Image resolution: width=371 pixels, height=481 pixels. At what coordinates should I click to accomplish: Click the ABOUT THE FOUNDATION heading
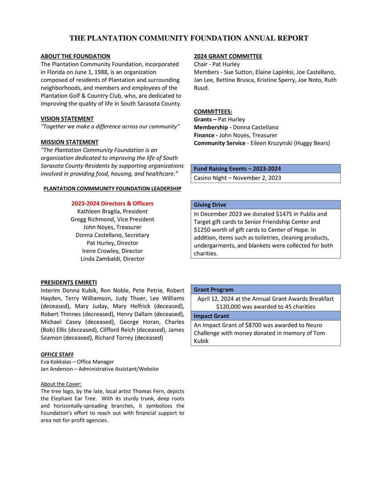tap(75, 56)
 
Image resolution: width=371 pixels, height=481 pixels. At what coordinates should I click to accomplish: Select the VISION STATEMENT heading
tap(67, 118)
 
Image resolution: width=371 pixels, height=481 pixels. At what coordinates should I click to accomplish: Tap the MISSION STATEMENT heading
tap(69, 142)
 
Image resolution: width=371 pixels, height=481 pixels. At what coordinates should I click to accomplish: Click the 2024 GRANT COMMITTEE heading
tap(228, 56)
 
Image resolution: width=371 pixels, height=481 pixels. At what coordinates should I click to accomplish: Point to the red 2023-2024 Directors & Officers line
tap(112, 204)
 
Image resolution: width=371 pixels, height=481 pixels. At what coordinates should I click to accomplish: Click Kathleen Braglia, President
tap(112, 211)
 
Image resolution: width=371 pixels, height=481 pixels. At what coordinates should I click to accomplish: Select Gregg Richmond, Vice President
tap(112, 219)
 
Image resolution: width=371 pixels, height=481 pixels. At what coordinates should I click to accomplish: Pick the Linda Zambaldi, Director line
tap(112, 259)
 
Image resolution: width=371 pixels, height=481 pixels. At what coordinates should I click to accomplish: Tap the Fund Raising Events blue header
tap(237, 169)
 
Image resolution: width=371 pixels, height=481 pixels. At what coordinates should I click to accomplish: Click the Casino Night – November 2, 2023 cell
tap(237, 178)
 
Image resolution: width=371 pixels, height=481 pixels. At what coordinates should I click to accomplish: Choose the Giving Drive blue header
tap(210, 205)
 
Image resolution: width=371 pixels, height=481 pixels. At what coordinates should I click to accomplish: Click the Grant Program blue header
tap(214, 289)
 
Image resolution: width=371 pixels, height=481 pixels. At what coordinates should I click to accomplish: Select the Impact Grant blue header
tap(211, 316)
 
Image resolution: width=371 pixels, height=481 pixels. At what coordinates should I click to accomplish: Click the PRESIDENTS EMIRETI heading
tap(69, 282)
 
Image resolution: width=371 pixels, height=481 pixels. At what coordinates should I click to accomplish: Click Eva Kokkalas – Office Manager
tap(77, 362)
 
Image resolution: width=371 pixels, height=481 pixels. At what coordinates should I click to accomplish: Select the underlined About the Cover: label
tap(61, 384)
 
